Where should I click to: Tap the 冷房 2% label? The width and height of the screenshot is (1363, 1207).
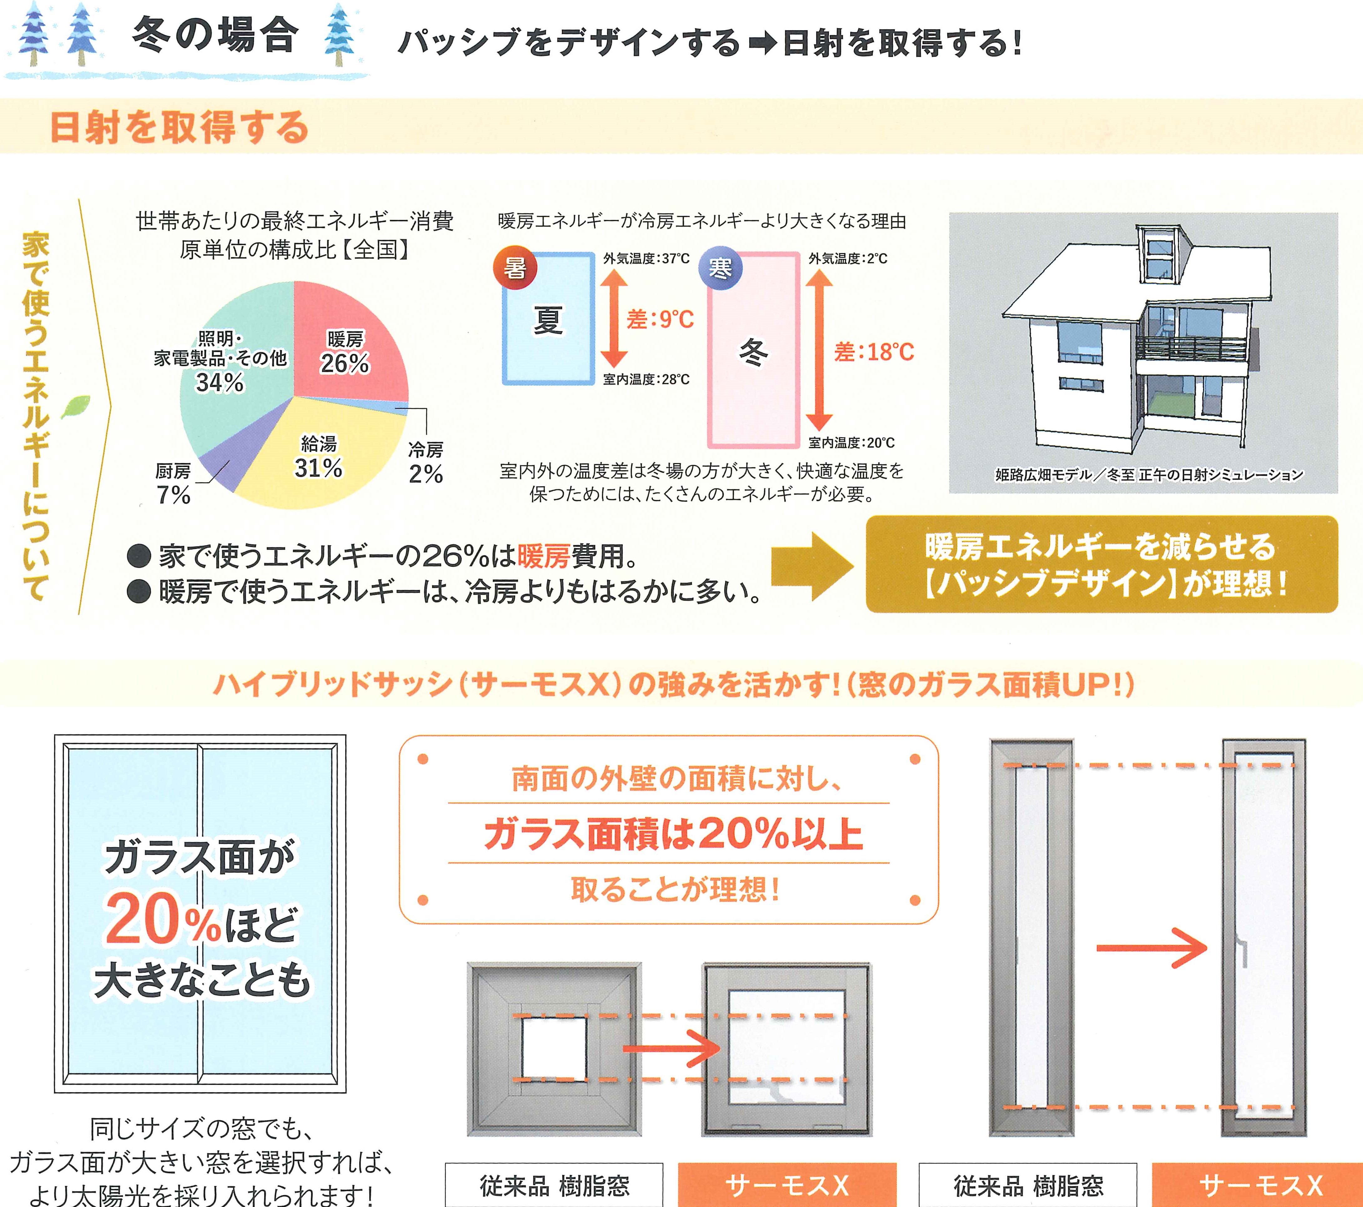pyautogui.click(x=425, y=463)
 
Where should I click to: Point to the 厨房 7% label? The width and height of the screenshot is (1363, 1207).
pyautogui.click(x=173, y=484)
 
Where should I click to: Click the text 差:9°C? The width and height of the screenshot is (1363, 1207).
pyautogui.click(x=660, y=320)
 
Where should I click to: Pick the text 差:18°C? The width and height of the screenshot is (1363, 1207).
pyautogui.click(x=874, y=352)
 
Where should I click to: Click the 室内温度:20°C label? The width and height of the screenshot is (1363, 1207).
pyautogui.click(x=852, y=443)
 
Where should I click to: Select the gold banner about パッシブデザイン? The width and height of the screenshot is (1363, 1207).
pyautogui.click(x=1102, y=564)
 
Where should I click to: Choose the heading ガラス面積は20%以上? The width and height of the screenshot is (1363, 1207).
pyautogui.click(x=673, y=834)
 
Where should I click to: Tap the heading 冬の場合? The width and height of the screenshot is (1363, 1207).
pyautogui.click(x=215, y=35)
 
